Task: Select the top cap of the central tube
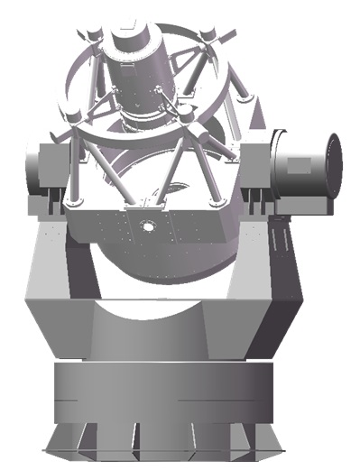coord(133,33)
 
